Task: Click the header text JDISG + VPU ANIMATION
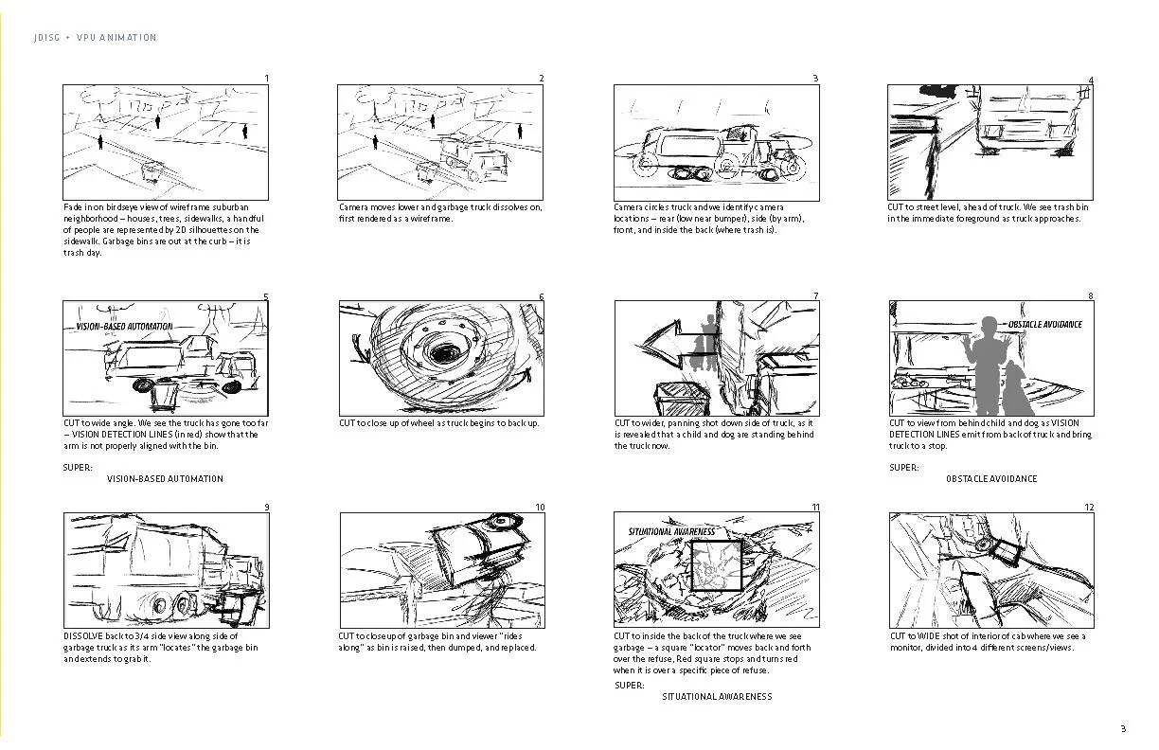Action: [95, 38]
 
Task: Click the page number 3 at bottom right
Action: [1123, 728]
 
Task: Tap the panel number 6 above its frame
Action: [541, 296]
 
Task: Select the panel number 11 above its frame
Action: [814, 508]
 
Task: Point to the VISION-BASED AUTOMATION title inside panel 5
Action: [124, 327]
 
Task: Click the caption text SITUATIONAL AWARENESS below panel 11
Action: [717, 697]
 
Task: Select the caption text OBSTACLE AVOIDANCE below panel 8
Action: [991, 479]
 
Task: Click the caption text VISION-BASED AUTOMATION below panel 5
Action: [165, 479]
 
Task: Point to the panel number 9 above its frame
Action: [266, 508]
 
